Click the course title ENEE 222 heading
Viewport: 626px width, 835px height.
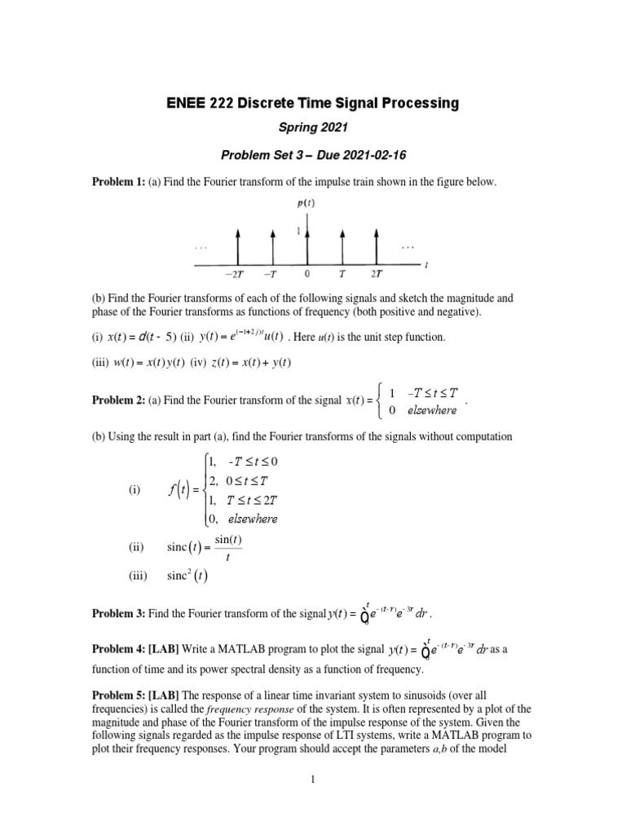pos(312,103)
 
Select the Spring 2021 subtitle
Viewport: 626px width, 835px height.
pos(312,129)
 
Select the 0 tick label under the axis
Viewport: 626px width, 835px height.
pos(306,273)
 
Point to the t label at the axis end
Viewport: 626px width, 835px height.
pos(427,264)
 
